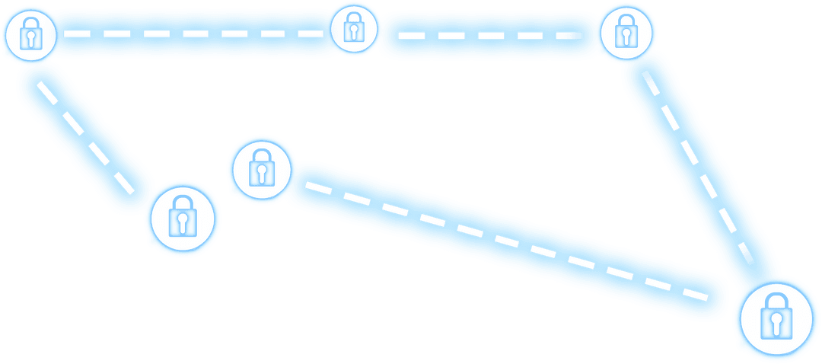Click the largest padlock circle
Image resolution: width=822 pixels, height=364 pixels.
coord(776,318)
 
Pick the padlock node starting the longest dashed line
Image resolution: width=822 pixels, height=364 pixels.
coord(261,169)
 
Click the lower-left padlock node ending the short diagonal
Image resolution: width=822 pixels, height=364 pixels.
coord(183,217)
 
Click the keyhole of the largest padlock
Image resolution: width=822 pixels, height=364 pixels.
coord(776,326)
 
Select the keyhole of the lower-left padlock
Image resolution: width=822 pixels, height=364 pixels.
coord(183,223)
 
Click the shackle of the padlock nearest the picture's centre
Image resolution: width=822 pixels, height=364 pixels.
coord(261,158)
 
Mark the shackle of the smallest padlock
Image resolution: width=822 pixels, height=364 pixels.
coord(352,21)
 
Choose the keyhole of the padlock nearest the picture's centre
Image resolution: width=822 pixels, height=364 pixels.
coord(261,174)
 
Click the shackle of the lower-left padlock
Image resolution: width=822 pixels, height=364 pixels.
coord(183,203)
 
